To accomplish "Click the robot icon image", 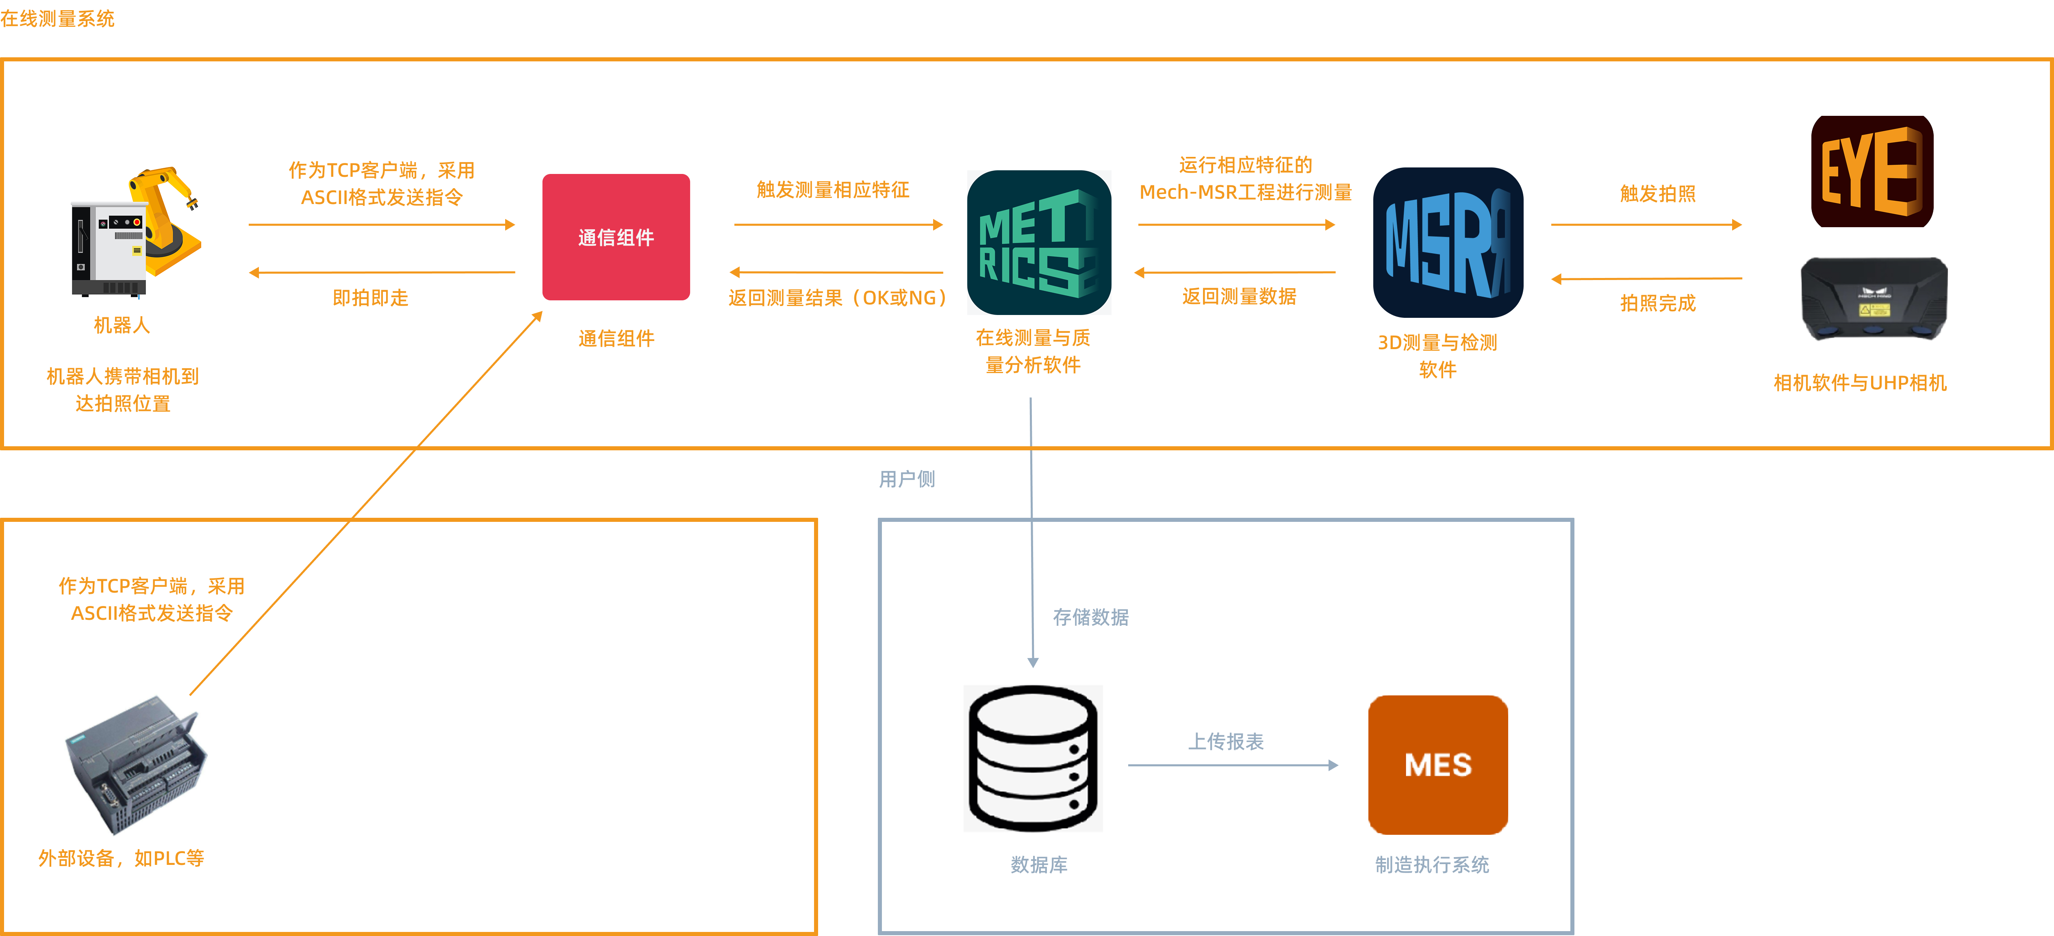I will pos(132,231).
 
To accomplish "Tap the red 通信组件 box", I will pos(616,237).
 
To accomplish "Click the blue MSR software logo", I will pos(1447,242).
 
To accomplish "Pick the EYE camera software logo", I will pos(1872,172).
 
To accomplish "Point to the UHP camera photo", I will pos(1873,300).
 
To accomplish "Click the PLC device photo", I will pos(134,760).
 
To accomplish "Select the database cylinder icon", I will pos(1033,758).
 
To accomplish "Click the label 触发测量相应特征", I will pos(832,190).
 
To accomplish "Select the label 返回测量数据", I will pos(1238,297).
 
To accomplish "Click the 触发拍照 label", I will pos(1657,194).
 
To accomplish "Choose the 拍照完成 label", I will pos(1657,303).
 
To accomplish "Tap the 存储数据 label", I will pos(1090,617).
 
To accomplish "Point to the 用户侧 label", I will pos(907,479).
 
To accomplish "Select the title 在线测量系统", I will pos(57,18).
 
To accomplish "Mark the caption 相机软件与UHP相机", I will pos(1859,384).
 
